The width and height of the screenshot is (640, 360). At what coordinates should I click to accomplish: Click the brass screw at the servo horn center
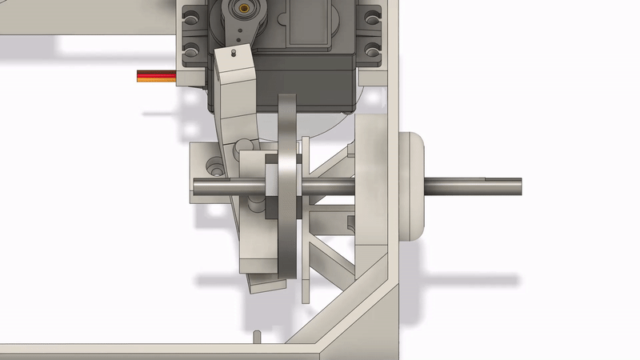242,8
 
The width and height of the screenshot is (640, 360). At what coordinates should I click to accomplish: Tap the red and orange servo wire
156,77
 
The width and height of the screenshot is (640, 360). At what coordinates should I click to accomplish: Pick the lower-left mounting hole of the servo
193,49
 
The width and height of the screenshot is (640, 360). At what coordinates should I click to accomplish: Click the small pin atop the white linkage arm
232,53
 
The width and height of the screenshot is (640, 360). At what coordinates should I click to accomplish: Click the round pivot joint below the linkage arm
247,146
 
